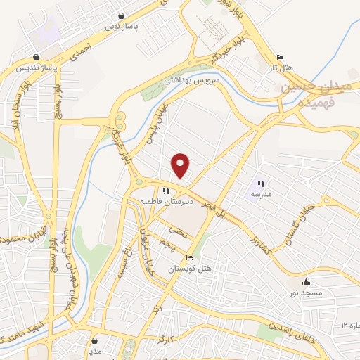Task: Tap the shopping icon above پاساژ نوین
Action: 122,15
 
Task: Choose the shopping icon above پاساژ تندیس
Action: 36,58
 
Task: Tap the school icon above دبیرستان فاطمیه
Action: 165,190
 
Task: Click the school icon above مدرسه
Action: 261,183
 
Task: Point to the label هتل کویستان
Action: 184,269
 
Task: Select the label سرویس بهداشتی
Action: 192,81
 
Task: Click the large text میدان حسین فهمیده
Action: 310,95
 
